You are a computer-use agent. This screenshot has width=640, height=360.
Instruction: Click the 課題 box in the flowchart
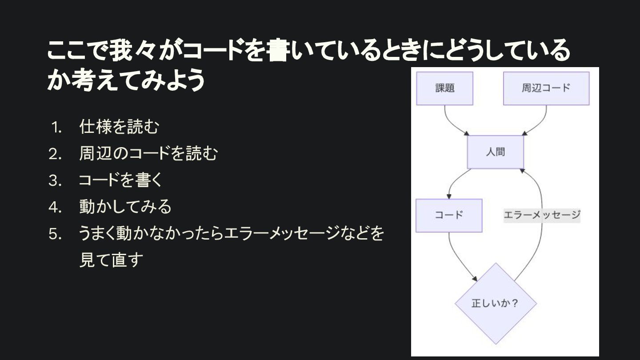[444, 88]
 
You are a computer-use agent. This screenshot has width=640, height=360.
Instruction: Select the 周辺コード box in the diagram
[546, 88]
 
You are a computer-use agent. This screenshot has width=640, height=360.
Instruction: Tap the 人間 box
[495, 152]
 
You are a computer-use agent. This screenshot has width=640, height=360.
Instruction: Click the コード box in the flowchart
[449, 216]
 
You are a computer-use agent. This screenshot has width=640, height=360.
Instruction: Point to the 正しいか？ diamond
[496, 304]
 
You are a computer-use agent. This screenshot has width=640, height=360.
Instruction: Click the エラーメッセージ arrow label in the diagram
[542, 216]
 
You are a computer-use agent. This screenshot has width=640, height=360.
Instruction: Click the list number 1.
[56, 128]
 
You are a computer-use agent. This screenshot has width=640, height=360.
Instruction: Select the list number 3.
[55, 181]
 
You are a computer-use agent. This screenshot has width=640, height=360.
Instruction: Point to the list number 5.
[55, 234]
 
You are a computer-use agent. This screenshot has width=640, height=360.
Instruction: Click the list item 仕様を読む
[119, 128]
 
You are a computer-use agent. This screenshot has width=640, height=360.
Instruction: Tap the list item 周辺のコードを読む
[148, 154]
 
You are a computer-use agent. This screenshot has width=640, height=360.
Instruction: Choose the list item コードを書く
[121, 181]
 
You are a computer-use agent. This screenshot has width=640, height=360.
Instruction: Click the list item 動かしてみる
[125, 207]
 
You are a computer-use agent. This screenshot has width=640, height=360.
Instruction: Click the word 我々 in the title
[132, 52]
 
